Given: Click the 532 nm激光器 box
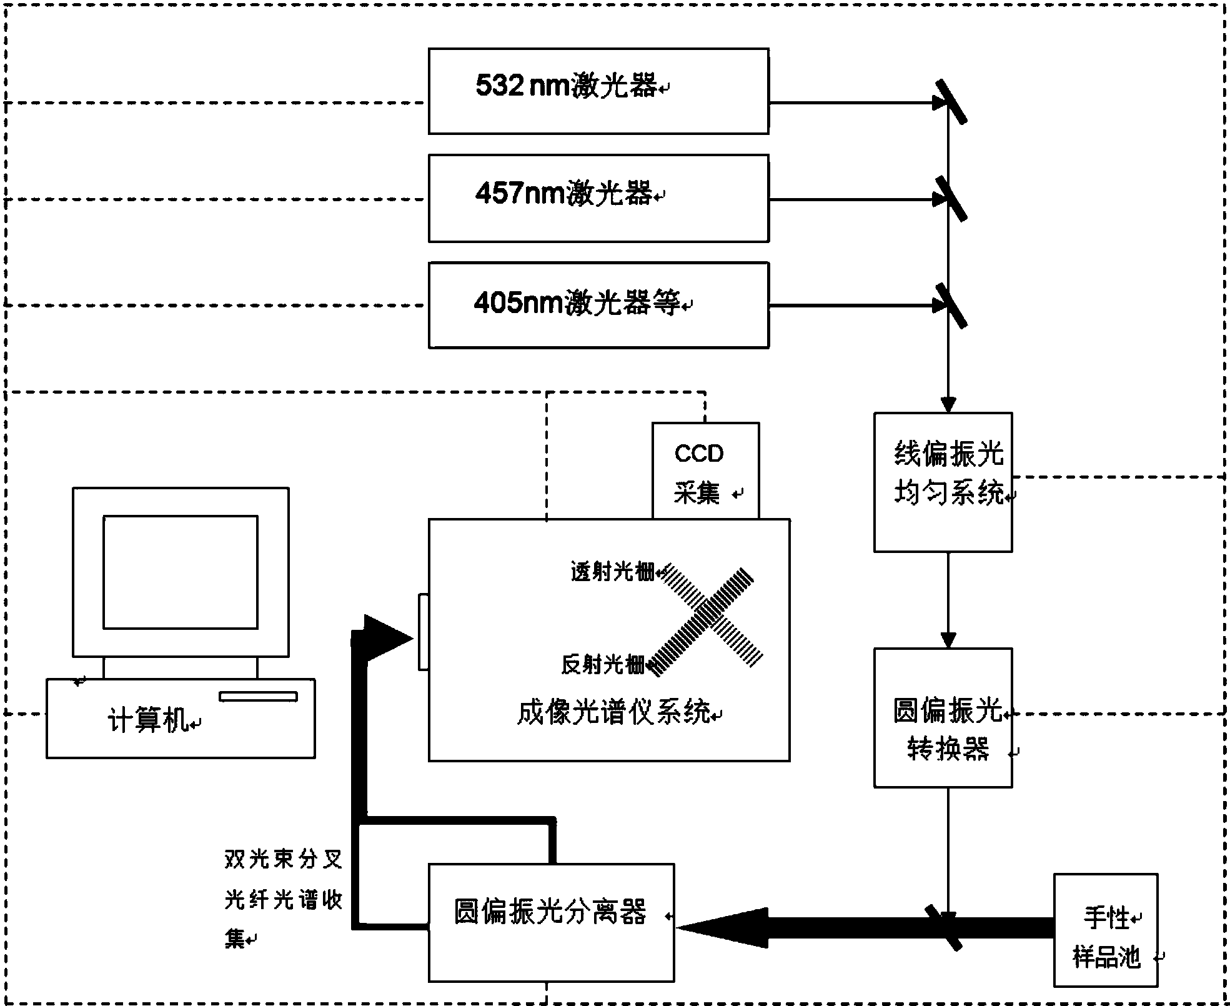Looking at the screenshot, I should (598, 91).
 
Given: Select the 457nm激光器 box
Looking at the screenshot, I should (598, 198).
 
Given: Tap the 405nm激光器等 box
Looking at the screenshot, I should (598, 305).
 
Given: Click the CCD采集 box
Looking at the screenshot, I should (705, 472).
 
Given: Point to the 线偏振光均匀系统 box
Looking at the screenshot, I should (942, 482).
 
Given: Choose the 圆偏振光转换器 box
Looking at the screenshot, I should (942, 717).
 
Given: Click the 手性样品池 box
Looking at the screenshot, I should (1105, 930).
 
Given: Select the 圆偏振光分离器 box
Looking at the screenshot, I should (550, 922).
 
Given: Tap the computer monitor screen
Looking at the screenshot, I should (180, 572).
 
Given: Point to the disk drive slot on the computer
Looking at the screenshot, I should (257, 696).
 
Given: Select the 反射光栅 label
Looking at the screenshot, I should (602, 664).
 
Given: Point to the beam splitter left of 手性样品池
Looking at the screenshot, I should (943, 927).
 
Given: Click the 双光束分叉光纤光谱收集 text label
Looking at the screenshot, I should (283, 899).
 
